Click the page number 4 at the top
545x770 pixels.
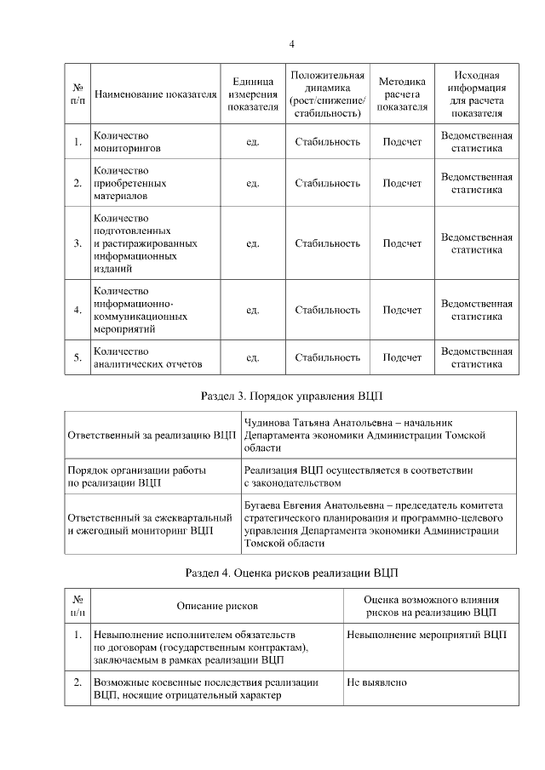click(x=291, y=44)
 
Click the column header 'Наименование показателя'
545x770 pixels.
click(x=153, y=94)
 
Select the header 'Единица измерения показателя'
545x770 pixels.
click(x=252, y=94)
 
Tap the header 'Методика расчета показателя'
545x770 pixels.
click(x=402, y=94)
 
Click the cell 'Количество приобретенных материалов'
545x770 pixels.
click(x=129, y=183)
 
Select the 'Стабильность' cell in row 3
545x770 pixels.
click(x=327, y=243)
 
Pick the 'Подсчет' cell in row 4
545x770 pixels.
click(x=402, y=310)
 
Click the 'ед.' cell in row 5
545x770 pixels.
click(x=252, y=357)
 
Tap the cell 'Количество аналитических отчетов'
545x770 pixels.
click(x=147, y=357)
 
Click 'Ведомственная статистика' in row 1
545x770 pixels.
click(x=477, y=141)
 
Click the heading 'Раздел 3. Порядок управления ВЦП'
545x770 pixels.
click(x=291, y=396)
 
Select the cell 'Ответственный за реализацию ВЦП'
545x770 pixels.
click(x=152, y=435)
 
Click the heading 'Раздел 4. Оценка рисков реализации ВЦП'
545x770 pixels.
click(x=291, y=572)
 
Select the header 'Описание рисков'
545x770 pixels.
click(x=217, y=605)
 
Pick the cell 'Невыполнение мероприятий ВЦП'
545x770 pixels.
click(x=426, y=636)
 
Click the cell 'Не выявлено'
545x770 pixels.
click(x=377, y=682)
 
